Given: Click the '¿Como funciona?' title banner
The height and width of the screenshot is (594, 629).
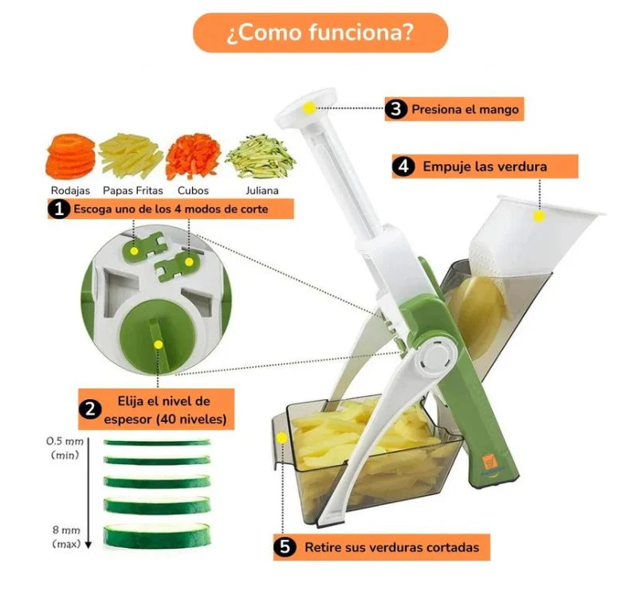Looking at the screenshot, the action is tap(320, 33).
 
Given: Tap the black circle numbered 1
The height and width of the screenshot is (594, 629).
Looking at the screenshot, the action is tap(59, 209).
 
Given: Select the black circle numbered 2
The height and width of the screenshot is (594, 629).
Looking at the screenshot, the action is tap(90, 409).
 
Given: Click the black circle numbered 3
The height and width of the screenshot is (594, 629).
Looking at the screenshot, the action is tap(395, 109).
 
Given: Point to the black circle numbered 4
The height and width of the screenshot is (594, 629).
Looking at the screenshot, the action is tap(403, 166).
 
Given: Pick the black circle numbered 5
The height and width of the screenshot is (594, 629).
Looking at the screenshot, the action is tap(285, 547).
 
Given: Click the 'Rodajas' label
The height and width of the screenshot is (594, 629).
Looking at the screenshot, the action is tap(70, 190).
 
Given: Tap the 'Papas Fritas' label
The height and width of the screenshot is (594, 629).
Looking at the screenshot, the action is tap(133, 190).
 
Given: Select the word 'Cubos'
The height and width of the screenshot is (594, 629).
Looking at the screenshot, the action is tap(193, 190).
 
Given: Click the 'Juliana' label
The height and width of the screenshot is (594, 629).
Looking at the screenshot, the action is tap(262, 190).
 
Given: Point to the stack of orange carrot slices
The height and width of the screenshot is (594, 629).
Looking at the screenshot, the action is tap(71, 157).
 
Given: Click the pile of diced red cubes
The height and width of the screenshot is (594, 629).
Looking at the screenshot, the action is tap(193, 157).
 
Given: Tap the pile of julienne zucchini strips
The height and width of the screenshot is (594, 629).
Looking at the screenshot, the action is tap(261, 156).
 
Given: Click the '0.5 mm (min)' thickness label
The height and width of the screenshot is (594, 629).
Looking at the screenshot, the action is tap(65, 447).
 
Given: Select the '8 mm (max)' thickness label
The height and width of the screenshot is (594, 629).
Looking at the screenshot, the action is tap(67, 537).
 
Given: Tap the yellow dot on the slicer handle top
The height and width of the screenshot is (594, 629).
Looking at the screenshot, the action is tap(309, 107).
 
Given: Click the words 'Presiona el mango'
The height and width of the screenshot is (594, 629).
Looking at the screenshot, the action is tap(466, 109).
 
